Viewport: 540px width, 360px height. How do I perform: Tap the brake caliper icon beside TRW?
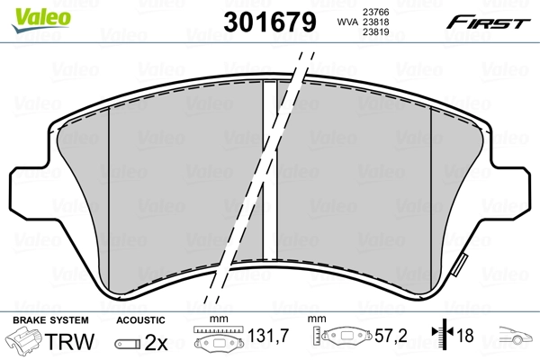[x=27, y=342]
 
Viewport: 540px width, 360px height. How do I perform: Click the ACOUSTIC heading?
[x=139, y=319]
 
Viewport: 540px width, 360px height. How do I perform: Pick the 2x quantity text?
[x=157, y=342]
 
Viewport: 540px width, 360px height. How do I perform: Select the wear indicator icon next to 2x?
[x=128, y=343]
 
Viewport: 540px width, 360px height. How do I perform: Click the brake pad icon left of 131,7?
[x=217, y=339]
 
